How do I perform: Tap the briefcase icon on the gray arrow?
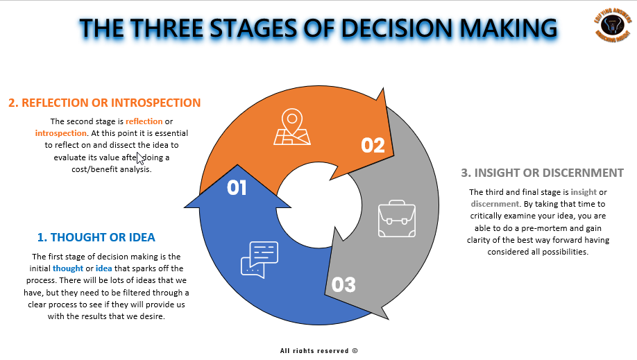(396, 218)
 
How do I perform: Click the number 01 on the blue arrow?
(237, 188)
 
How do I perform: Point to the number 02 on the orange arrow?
(373, 144)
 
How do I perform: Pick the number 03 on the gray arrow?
(343, 284)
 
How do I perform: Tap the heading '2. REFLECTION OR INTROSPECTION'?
(105, 103)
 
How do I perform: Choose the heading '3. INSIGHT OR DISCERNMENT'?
(542, 173)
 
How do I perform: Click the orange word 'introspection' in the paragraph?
(62, 133)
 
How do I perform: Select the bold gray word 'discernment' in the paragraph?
(495, 204)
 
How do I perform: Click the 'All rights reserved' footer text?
(318, 351)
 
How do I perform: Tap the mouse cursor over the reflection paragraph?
(141, 157)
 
